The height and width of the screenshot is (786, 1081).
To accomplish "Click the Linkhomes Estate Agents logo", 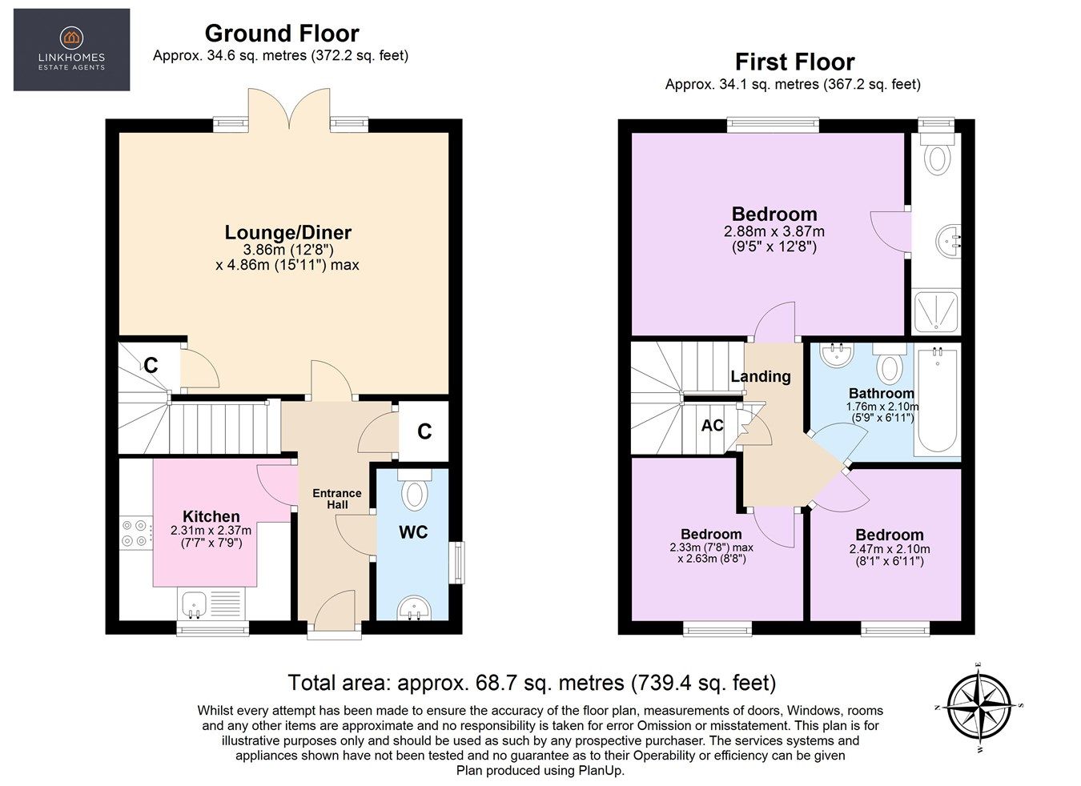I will pos(71,50).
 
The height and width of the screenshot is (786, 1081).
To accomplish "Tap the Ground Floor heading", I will pos(281,34).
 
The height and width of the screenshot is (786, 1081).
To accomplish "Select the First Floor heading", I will pos(794,62).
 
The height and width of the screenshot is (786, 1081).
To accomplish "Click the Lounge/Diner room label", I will pos(287,233).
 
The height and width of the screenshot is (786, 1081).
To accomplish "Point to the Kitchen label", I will pos(211,516).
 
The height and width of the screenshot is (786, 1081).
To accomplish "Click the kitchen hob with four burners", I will pos(135,533).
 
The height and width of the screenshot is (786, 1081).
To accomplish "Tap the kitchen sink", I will pos(192,604).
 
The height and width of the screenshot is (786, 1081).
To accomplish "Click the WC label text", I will pos(413,532).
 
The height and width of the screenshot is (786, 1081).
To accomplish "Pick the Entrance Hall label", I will pos(337,499).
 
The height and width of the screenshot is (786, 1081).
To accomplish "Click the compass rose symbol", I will pos(979,707).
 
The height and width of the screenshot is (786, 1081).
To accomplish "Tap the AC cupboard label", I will pos(712,426).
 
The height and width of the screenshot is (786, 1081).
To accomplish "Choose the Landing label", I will pos(760,376).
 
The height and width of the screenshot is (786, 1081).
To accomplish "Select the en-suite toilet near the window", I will pos(936,156).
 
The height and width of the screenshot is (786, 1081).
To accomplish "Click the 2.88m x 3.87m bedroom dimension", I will pos(774,231).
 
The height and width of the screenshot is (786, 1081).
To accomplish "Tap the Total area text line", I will pos(532,683).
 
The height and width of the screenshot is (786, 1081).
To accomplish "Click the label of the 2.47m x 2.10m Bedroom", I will pos(889,535).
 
